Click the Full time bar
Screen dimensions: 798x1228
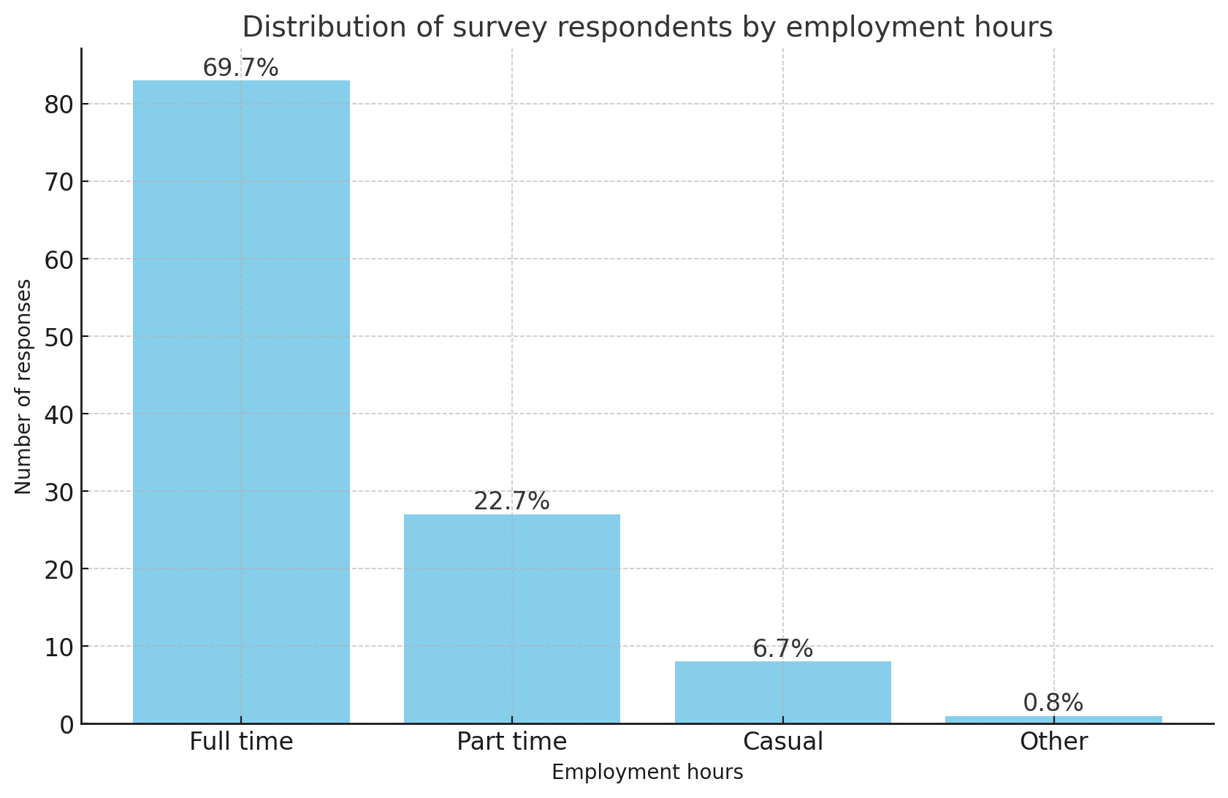coord(241,402)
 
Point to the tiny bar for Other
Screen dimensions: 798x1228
coord(1053,720)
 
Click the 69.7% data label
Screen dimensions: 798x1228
coord(240,68)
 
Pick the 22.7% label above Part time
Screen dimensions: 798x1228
coord(511,501)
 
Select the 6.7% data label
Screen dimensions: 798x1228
coord(782,649)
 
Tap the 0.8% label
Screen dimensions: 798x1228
coord(1053,703)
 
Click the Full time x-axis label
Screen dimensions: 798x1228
coord(241,742)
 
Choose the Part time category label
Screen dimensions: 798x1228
coord(511,742)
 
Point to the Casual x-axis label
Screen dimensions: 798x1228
coord(782,742)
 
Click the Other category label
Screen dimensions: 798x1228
coord(1053,742)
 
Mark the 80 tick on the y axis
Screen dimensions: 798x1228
coord(58,104)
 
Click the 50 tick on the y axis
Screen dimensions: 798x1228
coord(58,337)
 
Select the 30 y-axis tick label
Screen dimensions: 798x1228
coord(58,492)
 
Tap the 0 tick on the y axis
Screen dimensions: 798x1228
coord(66,724)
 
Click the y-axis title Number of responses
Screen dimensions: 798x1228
coord(23,386)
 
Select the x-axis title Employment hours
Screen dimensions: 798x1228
coord(647,772)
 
